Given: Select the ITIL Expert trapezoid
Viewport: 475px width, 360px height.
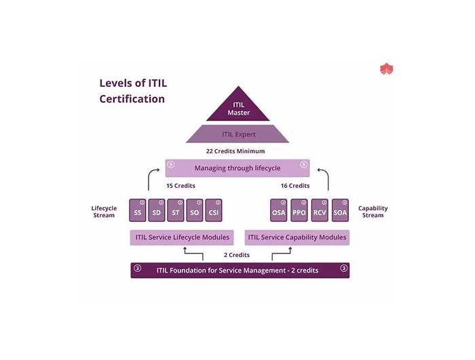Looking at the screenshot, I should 237,134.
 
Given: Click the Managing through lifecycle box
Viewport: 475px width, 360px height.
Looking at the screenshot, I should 237,167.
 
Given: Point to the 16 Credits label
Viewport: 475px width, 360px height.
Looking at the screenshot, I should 295,186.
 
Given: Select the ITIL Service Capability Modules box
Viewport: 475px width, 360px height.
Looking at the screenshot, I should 297,237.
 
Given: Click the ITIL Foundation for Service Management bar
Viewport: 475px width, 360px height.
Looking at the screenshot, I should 240,270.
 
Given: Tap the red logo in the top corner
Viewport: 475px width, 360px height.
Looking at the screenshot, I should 387,69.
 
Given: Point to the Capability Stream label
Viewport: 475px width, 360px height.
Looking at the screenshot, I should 373,212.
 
